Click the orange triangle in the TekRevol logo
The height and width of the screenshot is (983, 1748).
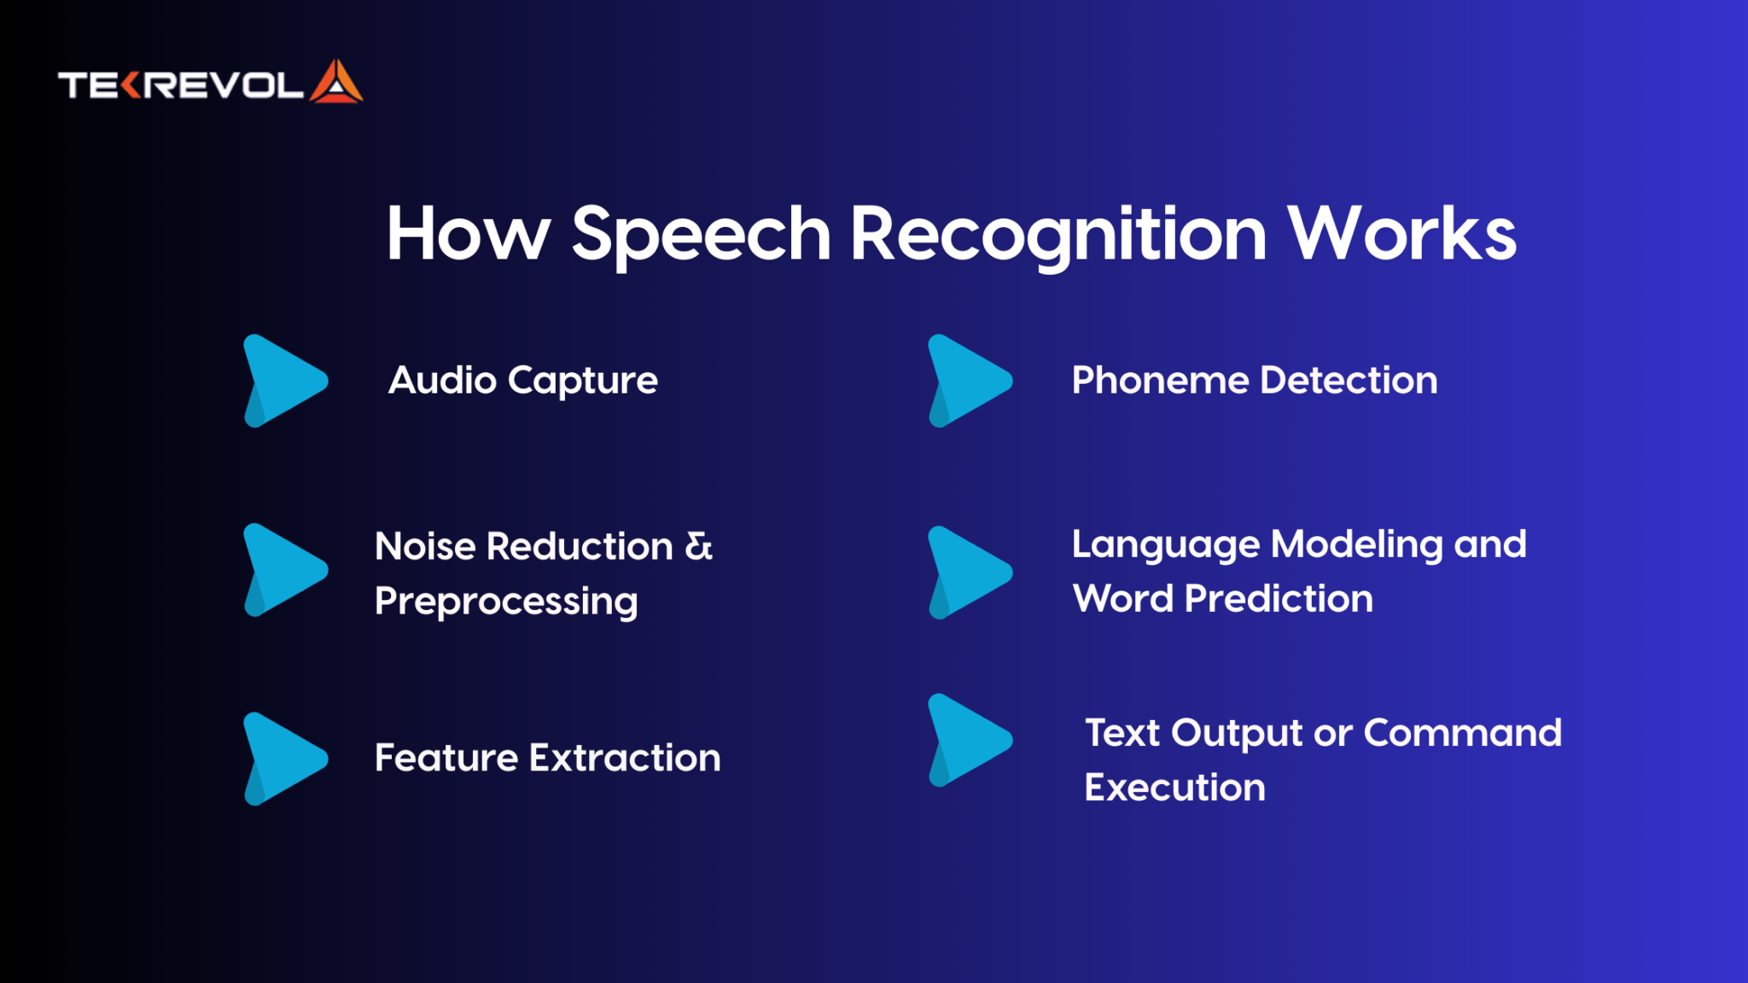pyautogui.click(x=336, y=83)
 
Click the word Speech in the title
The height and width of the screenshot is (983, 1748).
pyautogui.click(x=701, y=234)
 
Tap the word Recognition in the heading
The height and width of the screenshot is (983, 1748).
pyautogui.click(x=1058, y=234)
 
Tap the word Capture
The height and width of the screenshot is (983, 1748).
pyautogui.click(x=583, y=381)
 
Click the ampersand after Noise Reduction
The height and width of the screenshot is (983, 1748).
pyautogui.click(x=698, y=546)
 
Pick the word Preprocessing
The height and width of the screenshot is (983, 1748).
pyautogui.click(x=506, y=602)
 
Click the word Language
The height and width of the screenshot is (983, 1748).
pyautogui.click(x=1165, y=544)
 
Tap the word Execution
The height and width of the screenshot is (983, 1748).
pyautogui.click(x=1174, y=787)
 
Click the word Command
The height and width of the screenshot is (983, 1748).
pyautogui.click(x=1462, y=733)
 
